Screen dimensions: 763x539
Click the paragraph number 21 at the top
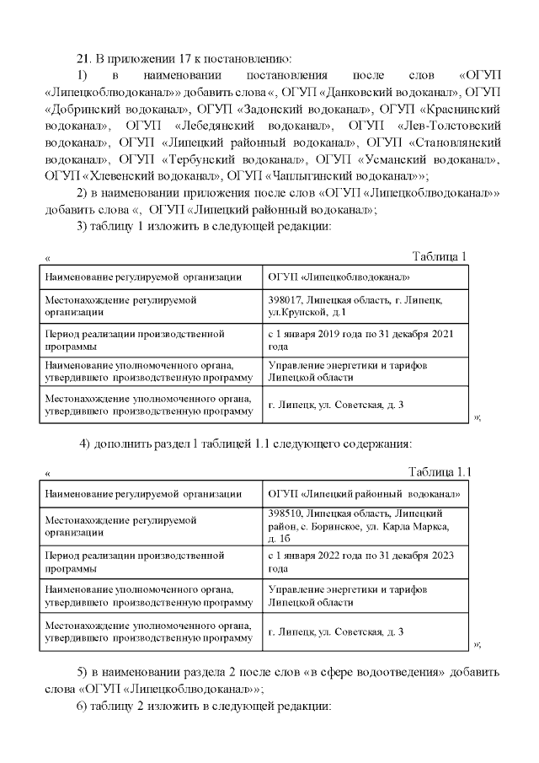(83, 58)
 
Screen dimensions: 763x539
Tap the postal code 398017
(286, 299)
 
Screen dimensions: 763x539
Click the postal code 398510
(286, 513)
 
